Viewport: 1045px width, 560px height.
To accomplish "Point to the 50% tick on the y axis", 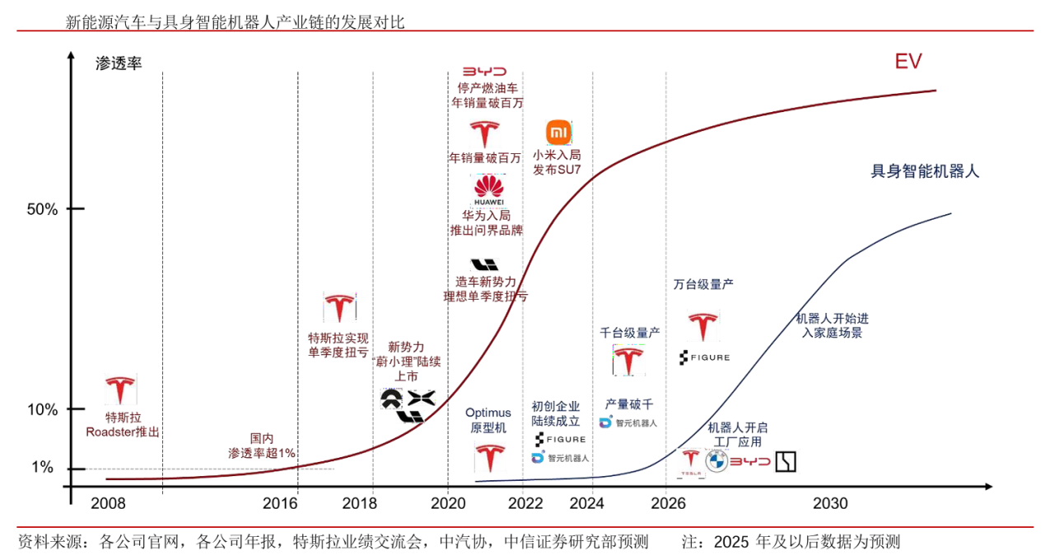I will (42, 209).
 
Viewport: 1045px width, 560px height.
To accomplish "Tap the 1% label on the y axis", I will (42, 469).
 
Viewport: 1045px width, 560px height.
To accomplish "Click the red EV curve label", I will (908, 62).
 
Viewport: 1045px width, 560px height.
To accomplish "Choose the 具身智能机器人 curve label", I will (925, 172).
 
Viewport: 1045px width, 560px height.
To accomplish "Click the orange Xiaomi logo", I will (558, 132).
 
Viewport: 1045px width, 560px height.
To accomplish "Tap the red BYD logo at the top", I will (484, 72).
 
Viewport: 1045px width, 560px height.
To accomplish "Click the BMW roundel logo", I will (716, 463).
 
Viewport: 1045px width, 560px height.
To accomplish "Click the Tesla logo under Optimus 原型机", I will (488, 458).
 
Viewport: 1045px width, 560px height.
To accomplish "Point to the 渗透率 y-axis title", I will (119, 63).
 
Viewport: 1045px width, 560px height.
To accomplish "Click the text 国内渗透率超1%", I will (262, 446).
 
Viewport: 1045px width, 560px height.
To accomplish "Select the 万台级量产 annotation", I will (703, 285).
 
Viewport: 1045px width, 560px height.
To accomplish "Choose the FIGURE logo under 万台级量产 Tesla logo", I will (704, 357).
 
